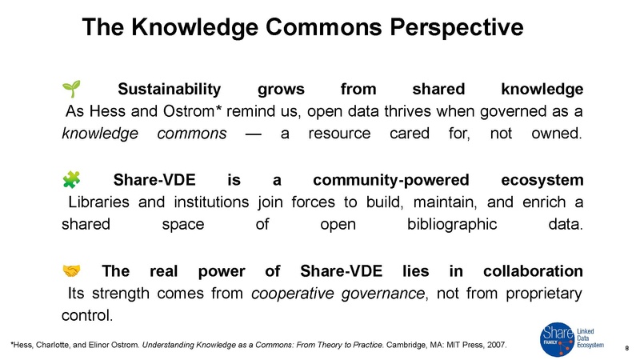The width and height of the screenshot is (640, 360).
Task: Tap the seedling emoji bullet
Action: pyautogui.click(x=69, y=86)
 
